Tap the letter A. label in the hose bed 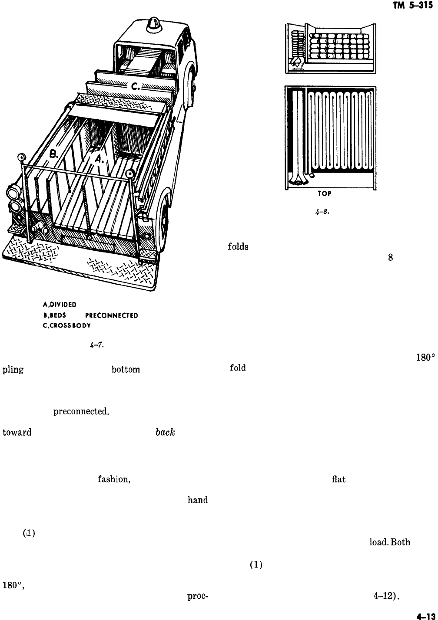point(100,160)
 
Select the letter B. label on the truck point(54,153)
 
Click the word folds point(238,247)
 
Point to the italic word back point(165,433)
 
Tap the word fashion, point(113,480)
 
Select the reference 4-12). point(386,596)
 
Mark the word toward point(17,433)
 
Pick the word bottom point(126,370)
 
